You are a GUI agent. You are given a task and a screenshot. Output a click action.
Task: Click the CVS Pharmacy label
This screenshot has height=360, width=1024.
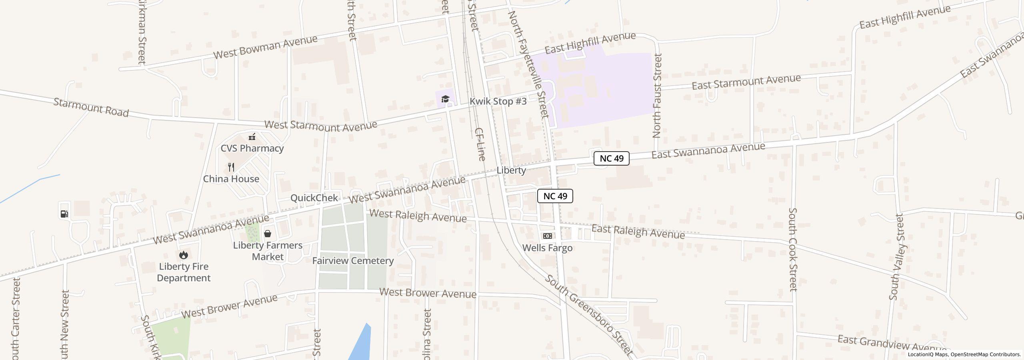252,148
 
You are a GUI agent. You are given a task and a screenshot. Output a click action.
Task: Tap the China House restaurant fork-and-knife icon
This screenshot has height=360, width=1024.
231,167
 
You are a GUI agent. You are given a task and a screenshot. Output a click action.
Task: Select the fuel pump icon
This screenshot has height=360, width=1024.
64,214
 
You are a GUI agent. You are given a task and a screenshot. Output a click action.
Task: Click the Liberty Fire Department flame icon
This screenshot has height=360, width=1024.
184,255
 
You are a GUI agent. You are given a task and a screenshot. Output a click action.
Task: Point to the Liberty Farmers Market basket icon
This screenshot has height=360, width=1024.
268,234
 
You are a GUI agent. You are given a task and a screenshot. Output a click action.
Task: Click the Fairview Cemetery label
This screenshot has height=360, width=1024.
353,261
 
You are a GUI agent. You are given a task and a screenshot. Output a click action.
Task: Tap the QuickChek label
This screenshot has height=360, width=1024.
314,198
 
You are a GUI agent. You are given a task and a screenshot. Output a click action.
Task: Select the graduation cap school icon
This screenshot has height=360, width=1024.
445,99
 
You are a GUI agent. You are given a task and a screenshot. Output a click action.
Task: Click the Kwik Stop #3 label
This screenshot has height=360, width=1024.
498,102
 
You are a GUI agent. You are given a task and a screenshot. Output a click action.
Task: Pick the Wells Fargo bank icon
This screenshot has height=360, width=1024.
547,236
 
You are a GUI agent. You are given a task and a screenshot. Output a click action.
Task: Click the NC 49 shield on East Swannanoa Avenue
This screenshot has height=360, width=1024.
611,158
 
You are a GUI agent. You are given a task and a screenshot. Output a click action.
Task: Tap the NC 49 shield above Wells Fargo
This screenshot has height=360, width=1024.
555,196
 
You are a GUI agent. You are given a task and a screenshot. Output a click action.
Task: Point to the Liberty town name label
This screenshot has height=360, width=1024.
511,170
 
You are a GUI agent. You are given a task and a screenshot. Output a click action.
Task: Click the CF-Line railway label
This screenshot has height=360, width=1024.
480,144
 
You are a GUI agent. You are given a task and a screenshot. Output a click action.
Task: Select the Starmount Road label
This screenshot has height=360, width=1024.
91,108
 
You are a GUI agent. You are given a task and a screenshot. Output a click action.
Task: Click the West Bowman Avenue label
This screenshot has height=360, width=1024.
265,47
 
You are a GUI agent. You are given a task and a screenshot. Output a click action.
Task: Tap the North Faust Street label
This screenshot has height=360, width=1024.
657,96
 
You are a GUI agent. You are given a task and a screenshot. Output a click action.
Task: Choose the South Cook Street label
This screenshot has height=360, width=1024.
793,250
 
